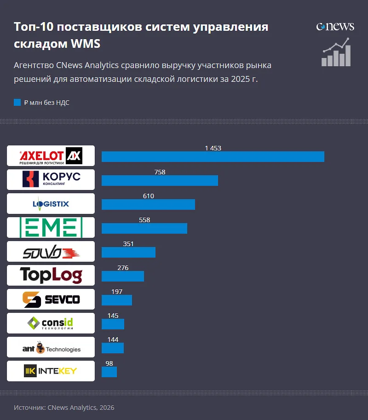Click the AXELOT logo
click(x=51, y=156)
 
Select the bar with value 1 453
click(x=213, y=156)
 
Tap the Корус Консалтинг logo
click(x=51, y=179)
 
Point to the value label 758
click(x=160, y=172)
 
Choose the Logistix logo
click(x=51, y=203)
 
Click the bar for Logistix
click(x=148, y=204)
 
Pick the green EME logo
click(x=51, y=227)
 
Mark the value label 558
click(x=144, y=220)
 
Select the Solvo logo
click(x=51, y=251)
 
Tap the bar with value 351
click(x=128, y=252)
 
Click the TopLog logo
click(x=51, y=275)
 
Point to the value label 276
click(x=123, y=268)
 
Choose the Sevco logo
click(x=51, y=299)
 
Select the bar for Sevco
click(x=117, y=300)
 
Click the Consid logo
click(x=51, y=323)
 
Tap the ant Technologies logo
click(x=51, y=347)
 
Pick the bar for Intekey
click(x=109, y=372)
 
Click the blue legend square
click(x=17, y=103)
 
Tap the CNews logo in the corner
click(x=335, y=26)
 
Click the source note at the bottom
click(x=64, y=408)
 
